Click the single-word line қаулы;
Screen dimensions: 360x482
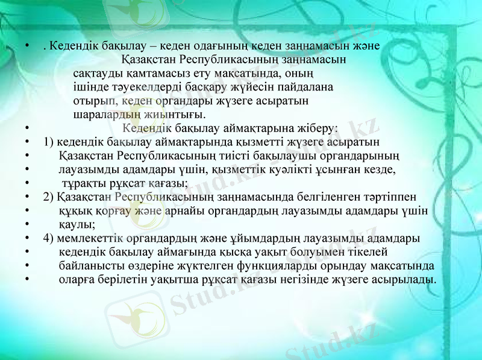[x=77, y=224]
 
